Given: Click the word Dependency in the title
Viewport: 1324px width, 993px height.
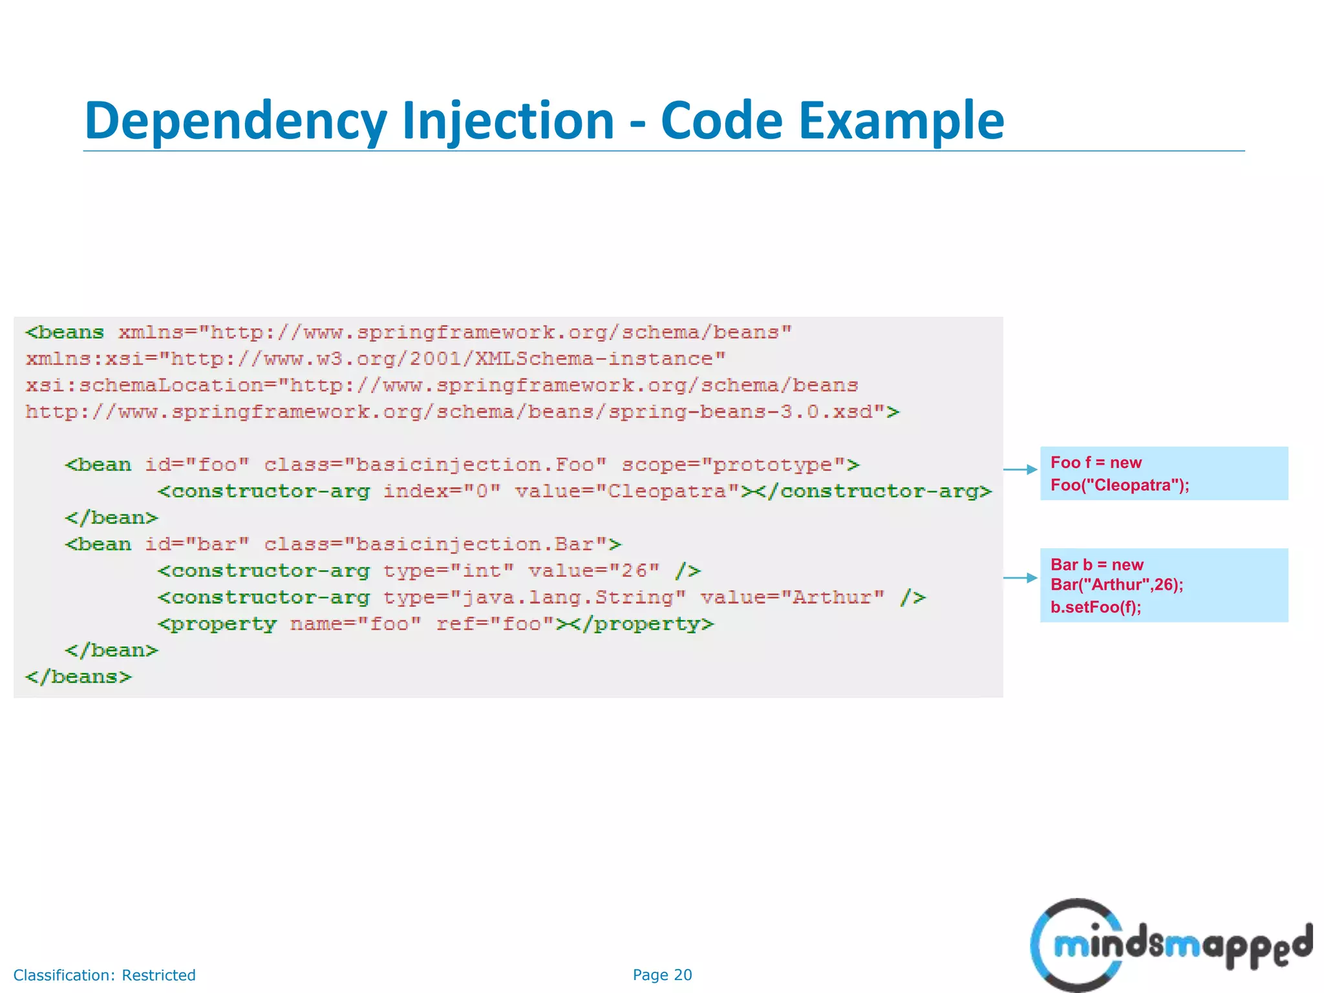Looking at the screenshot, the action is click(235, 121).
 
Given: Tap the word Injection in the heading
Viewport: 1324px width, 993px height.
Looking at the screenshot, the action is click(507, 121).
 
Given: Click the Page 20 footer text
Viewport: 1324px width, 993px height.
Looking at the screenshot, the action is click(662, 975).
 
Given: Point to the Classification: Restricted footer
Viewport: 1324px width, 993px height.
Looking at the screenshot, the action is click(104, 975).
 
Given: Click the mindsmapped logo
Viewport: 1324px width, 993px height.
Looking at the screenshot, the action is click(1170, 945).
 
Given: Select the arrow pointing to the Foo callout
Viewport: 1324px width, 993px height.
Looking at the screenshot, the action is click(1021, 469).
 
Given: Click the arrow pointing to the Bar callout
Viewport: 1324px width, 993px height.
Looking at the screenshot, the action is click(1021, 577).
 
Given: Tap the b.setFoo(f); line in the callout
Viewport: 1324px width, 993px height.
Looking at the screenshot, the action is click(1096, 607).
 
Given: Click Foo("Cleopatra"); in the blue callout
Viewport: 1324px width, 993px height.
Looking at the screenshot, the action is click(1120, 485).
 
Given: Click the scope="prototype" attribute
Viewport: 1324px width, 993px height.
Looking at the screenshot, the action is click(740, 465).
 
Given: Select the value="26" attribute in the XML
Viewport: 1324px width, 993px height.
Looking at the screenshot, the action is click(594, 571).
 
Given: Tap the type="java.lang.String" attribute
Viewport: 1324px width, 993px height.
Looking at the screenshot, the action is click(534, 597).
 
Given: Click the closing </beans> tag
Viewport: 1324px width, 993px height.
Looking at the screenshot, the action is click(78, 677).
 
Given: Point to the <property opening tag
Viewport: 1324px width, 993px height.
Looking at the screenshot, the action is click(217, 624).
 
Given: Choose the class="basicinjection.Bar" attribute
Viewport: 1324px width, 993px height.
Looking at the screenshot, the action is click(442, 544).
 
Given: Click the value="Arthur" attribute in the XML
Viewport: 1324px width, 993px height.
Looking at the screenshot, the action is click(793, 597).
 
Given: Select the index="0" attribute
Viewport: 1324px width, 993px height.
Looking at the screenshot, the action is click(442, 491).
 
